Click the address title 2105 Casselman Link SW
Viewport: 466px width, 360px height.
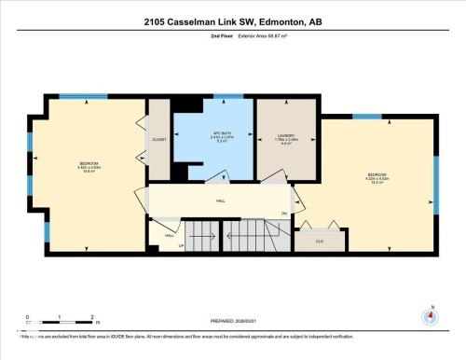(233, 21)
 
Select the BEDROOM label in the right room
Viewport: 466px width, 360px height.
(377, 177)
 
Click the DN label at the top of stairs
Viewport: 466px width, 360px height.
(283, 213)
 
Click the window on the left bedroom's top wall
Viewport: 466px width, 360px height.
(75, 96)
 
